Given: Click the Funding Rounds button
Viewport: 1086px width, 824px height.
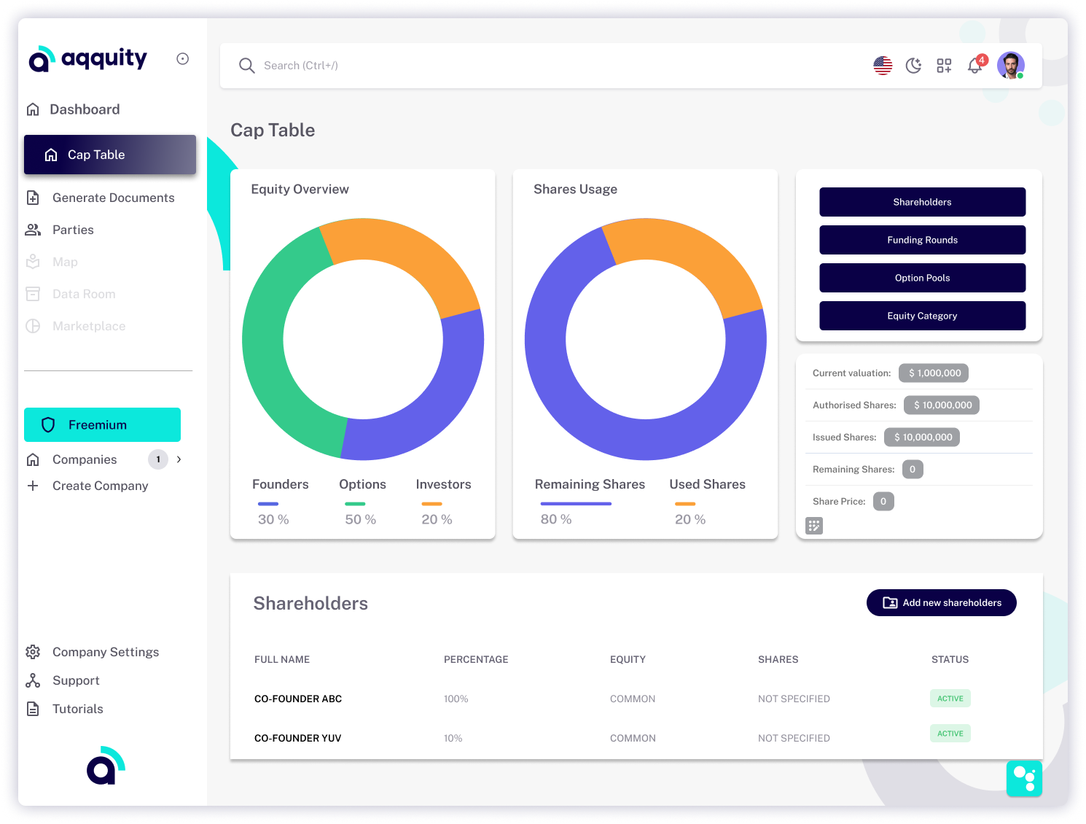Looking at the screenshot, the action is click(922, 240).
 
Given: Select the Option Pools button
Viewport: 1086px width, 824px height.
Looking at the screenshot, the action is click(922, 278).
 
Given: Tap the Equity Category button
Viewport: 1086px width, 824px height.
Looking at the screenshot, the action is click(922, 316).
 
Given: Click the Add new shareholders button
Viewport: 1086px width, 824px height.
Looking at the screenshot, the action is click(941, 603).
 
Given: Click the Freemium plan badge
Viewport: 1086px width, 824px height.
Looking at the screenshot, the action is click(103, 425).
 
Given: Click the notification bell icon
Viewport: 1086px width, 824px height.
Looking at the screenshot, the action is click(975, 66).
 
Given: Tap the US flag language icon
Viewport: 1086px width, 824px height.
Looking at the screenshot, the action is click(883, 66).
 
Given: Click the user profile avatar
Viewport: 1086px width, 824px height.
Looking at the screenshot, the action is click(1010, 66).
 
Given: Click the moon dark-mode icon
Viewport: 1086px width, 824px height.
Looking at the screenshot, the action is click(913, 66).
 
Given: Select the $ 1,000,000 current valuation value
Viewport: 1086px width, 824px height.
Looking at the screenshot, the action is click(934, 373).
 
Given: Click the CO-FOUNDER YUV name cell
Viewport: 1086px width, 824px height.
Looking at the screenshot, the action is click(298, 739).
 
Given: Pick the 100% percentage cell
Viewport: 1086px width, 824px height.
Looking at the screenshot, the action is click(456, 699).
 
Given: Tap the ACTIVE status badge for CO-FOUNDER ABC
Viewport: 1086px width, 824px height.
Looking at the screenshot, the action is click(950, 699).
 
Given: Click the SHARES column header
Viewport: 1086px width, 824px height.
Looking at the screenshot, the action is click(778, 660).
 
